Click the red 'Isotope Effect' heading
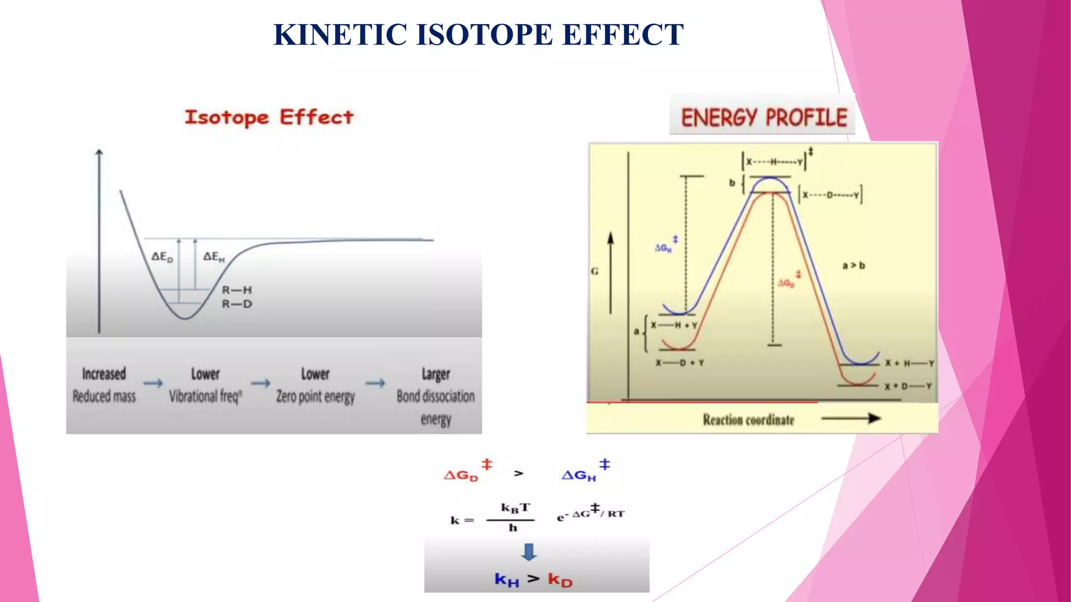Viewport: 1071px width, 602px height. click(269, 118)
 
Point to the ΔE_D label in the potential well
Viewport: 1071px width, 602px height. click(162, 257)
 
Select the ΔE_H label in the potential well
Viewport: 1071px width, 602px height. click(213, 257)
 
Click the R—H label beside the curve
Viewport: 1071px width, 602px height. click(237, 290)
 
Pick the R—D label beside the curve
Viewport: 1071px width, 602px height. click(237, 304)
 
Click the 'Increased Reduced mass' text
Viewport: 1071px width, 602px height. click(104, 385)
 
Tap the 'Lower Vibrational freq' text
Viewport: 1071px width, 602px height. click(205, 385)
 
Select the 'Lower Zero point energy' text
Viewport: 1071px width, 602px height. click(315, 385)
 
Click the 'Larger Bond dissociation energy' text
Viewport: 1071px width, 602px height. click(436, 396)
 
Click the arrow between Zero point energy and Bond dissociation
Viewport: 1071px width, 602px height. click(375, 384)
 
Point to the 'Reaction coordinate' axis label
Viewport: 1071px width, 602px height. click(748, 420)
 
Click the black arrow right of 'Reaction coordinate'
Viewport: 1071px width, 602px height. click(851, 418)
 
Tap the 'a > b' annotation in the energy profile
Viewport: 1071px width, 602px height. click(853, 265)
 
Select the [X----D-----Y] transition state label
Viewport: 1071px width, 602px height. click(830, 195)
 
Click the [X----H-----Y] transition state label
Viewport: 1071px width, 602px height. click(775, 162)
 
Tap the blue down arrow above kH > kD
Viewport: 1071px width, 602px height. click(529, 552)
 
